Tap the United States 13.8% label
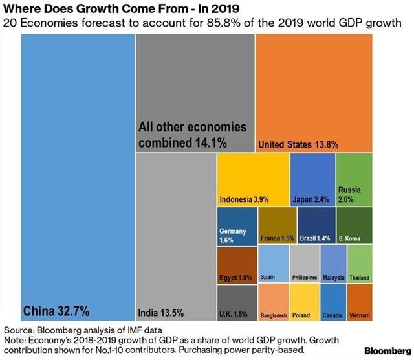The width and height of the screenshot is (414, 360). pyautogui.click(x=298, y=144)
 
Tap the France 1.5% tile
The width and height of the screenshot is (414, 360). pyautogui.click(x=277, y=226)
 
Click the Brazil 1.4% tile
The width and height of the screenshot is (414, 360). pyautogui.click(x=316, y=226)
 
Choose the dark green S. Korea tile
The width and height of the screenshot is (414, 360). pyautogui.click(x=354, y=226)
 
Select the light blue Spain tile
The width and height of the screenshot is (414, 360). pyautogui.click(x=273, y=265)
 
